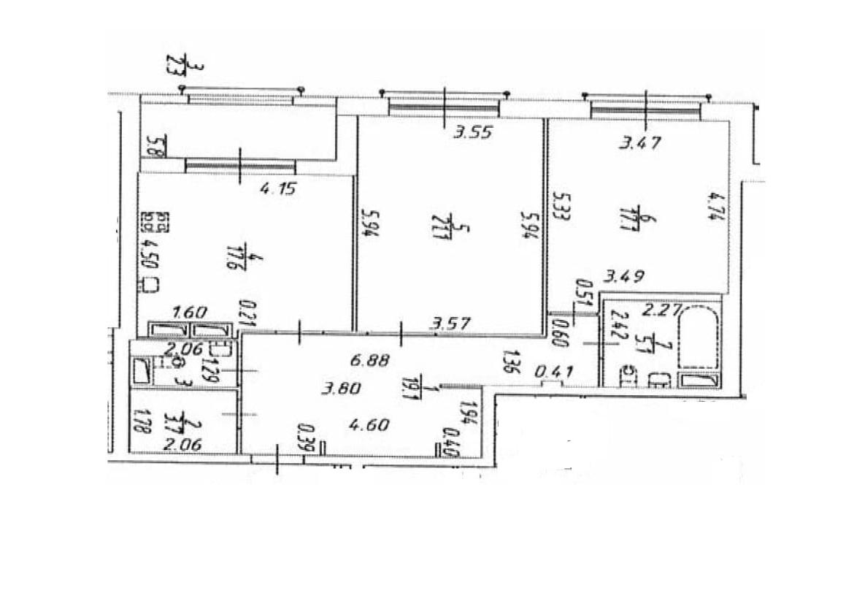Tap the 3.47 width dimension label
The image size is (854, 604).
[639, 143]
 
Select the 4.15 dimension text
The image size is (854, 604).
[280, 191]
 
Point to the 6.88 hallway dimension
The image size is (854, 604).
[371, 359]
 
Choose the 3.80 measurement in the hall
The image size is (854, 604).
[341, 389]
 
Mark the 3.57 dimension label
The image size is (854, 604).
[450, 321]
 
